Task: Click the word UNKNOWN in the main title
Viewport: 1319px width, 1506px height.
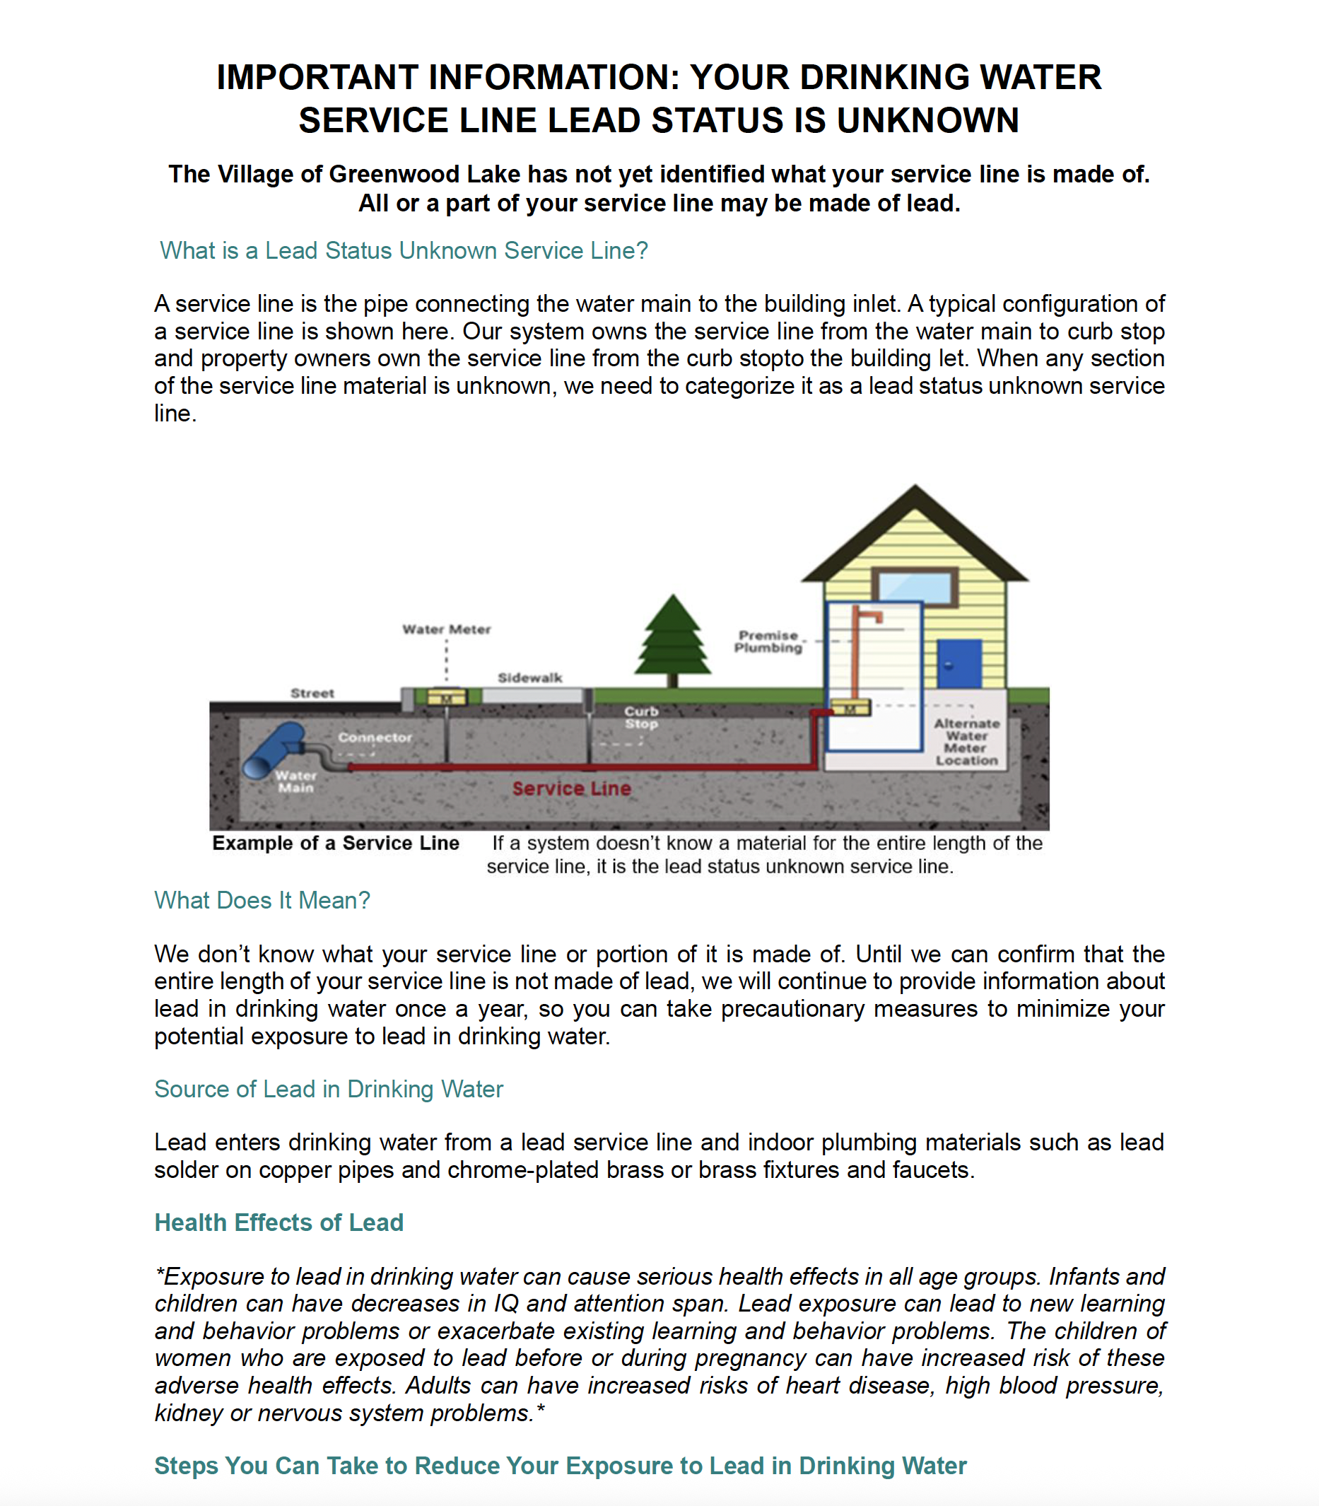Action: [x=927, y=121]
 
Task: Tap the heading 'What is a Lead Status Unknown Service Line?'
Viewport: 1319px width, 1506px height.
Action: [x=404, y=251]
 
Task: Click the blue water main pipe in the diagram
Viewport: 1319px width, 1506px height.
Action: [x=273, y=751]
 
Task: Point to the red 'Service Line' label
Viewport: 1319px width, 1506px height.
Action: [x=571, y=789]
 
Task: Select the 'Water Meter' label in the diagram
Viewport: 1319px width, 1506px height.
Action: [x=446, y=629]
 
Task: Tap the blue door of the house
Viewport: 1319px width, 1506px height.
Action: [x=959, y=664]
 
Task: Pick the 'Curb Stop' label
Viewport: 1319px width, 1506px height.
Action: [x=641, y=718]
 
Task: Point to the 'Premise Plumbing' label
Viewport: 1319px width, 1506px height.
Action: [x=768, y=641]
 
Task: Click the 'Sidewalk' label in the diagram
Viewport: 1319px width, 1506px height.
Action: [x=530, y=678]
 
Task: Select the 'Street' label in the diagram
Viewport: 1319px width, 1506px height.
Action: [x=312, y=694]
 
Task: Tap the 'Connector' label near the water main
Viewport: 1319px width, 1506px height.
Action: [x=375, y=737]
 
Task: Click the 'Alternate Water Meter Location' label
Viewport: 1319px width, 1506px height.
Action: [x=966, y=742]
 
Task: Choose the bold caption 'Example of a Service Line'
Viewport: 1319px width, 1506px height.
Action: [x=336, y=844]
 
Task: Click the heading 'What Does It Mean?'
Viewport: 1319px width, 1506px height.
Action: [x=262, y=901]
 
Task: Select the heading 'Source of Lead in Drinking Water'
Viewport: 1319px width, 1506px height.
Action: [x=328, y=1090]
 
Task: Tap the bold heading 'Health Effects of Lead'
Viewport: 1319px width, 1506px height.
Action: [x=279, y=1222]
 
